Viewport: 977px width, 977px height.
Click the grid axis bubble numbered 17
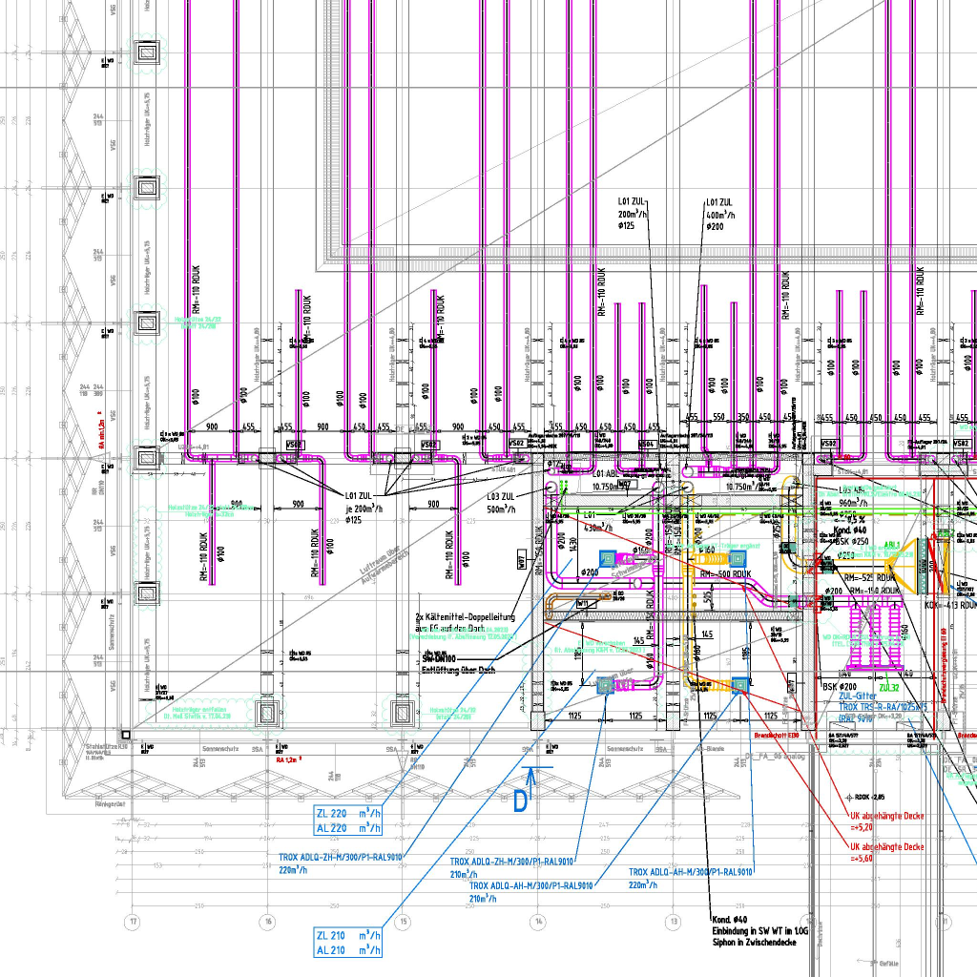tap(134, 922)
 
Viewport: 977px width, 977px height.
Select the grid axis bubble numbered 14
tap(538, 922)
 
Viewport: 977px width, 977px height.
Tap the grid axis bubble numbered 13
tap(674, 922)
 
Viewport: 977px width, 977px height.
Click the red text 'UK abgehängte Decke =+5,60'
tap(887, 852)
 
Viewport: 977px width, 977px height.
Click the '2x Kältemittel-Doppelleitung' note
tap(467, 623)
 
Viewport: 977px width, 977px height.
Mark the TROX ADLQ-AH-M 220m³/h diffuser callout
tap(691, 878)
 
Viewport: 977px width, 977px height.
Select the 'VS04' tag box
tap(647, 445)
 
